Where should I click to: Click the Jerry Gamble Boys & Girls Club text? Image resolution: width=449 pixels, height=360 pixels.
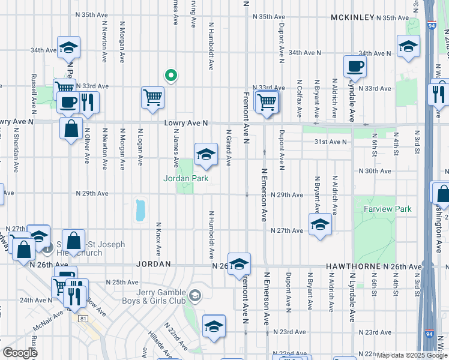[154, 297]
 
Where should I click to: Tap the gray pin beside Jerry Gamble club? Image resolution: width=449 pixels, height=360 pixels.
[194, 295]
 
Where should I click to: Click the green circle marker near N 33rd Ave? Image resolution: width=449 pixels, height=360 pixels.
[170, 75]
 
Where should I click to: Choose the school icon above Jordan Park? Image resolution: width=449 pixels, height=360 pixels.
[205, 154]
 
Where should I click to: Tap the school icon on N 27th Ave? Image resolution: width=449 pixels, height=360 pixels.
[319, 225]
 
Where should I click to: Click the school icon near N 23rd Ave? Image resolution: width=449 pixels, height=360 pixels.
[214, 326]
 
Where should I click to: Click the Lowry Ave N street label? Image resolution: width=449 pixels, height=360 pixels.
[186, 123]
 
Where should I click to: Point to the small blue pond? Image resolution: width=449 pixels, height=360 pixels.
[141, 209]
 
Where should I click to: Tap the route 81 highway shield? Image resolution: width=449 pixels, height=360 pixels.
[83, 317]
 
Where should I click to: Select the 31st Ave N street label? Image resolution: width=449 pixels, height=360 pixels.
[331, 142]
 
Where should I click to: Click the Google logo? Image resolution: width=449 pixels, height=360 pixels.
[20, 352]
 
